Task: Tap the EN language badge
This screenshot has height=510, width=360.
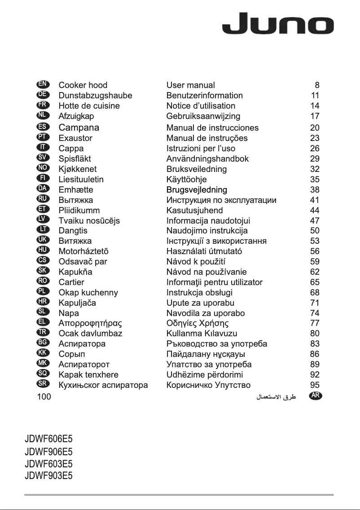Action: (x=43, y=84)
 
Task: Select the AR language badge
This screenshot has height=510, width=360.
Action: (x=316, y=396)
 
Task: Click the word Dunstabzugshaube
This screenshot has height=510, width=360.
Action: (x=95, y=95)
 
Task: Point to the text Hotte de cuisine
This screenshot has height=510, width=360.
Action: (x=89, y=106)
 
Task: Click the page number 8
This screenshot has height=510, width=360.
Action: (x=317, y=85)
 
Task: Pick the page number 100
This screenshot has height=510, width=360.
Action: (x=44, y=396)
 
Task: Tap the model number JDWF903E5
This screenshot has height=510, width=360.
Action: (x=48, y=475)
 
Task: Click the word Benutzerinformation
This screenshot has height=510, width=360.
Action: (x=204, y=95)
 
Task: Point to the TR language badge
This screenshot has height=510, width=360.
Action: (x=43, y=333)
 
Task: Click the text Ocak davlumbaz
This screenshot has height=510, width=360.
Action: (x=90, y=334)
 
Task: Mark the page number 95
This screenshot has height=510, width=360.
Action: (x=315, y=385)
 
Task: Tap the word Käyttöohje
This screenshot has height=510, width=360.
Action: (x=186, y=179)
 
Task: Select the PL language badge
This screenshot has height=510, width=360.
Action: (x=43, y=292)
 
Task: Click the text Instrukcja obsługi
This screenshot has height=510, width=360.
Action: (x=199, y=293)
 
